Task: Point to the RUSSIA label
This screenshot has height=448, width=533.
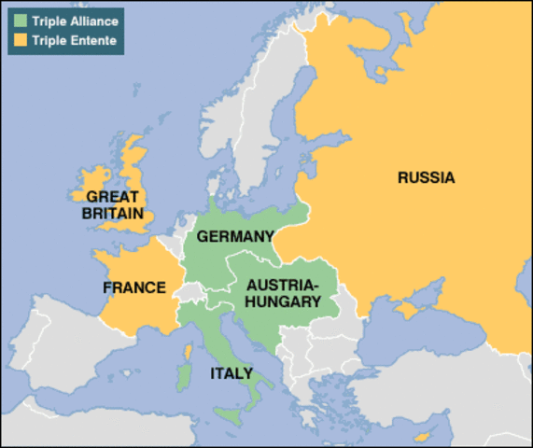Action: point(426,177)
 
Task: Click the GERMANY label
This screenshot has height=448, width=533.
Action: point(235,237)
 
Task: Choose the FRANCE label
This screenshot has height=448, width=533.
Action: point(133,287)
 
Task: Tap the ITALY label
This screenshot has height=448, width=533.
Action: point(231,373)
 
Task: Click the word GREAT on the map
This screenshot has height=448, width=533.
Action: point(112,197)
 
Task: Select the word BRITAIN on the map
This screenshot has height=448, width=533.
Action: point(112,214)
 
